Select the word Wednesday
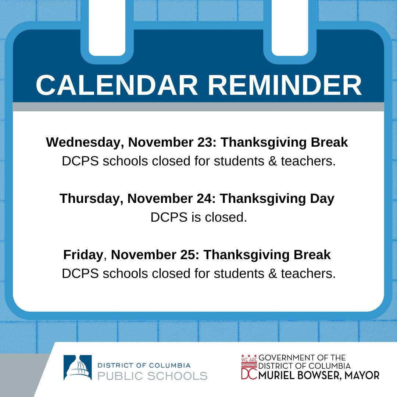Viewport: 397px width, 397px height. coord(83,142)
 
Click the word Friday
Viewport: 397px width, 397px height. coord(83,255)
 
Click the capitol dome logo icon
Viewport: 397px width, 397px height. coord(78,368)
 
